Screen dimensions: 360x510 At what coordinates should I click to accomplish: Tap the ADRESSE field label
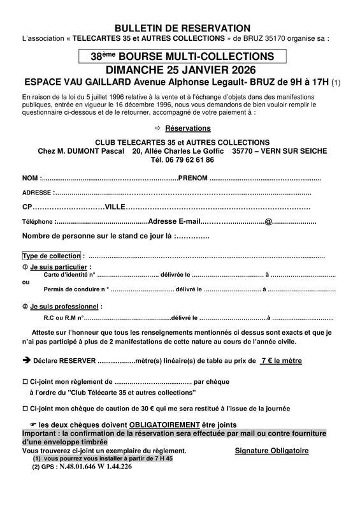coord(38,193)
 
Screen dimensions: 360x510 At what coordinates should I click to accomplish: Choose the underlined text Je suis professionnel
coord(64,306)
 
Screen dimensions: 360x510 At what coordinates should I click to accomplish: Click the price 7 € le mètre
coord(280,361)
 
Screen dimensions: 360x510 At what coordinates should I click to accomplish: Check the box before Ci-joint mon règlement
coord(25,381)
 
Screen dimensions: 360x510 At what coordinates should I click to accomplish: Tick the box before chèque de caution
coord(25,408)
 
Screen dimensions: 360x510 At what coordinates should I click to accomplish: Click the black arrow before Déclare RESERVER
coord(26,360)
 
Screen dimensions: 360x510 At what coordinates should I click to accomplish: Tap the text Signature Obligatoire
coord(271,450)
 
